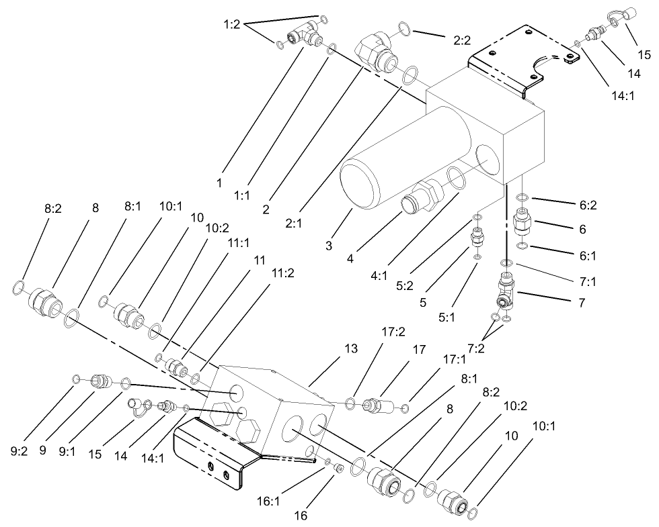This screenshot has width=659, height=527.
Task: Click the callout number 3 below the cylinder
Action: click(x=329, y=246)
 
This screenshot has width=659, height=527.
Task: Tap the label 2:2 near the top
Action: click(x=461, y=40)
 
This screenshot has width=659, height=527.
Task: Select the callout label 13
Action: click(x=352, y=349)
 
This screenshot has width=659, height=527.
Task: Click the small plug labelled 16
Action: click(x=338, y=468)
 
